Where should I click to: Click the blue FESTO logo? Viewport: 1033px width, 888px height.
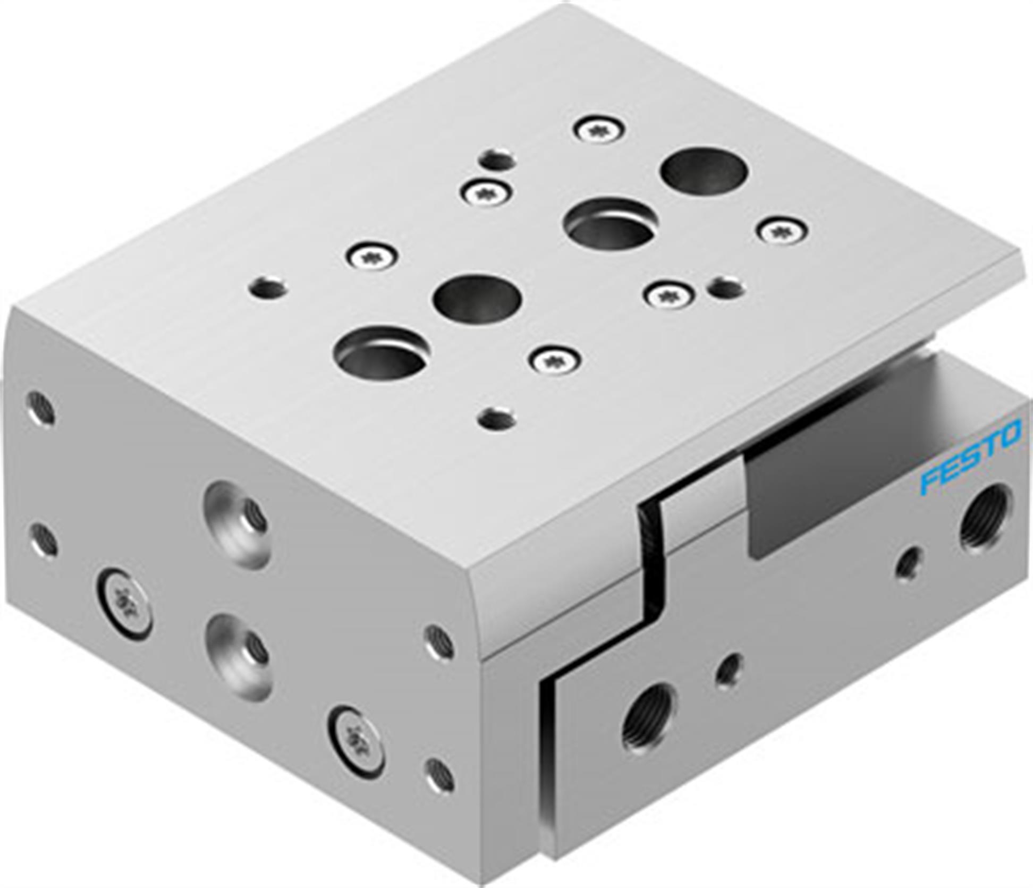coord(970,455)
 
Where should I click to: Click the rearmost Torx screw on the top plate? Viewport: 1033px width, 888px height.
coord(599,129)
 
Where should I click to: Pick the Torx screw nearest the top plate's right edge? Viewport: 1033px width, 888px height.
coord(781,232)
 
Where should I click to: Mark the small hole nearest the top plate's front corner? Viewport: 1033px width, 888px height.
coord(497,418)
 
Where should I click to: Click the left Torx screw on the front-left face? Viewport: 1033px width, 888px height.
coord(125,603)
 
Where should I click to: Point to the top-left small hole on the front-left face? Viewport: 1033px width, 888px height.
coord(40,409)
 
